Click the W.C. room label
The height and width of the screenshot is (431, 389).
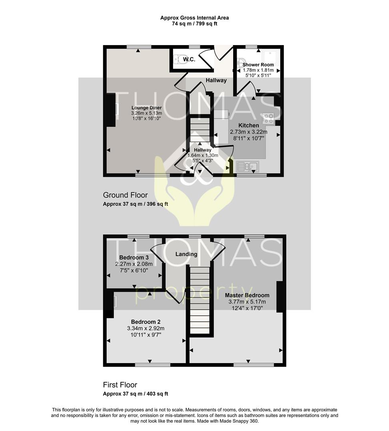click(x=189, y=59)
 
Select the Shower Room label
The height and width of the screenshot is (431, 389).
click(x=258, y=65)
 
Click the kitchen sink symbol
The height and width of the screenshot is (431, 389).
click(x=247, y=166)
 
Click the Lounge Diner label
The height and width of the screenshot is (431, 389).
click(x=146, y=108)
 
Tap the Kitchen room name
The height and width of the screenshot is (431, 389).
click(x=249, y=125)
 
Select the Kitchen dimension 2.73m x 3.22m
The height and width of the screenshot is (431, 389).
click(x=249, y=132)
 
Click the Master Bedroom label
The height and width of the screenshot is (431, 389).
click(x=247, y=295)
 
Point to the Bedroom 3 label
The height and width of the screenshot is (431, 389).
click(x=134, y=257)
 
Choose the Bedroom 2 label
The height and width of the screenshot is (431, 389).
click(x=146, y=322)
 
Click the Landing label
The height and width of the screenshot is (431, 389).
click(x=186, y=254)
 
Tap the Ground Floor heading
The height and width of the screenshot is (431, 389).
click(x=125, y=195)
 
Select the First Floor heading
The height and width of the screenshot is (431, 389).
click(x=120, y=385)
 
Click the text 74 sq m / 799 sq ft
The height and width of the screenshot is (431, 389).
click(x=195, y=24)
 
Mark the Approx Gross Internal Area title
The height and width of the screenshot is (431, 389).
click(x=195, y=18)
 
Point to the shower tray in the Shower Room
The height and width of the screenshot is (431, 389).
click(x=271, y=58)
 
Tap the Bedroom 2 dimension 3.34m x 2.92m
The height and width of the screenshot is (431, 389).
click(x=146, y=328)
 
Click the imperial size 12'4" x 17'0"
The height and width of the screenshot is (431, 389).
click(x=247, y=308)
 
